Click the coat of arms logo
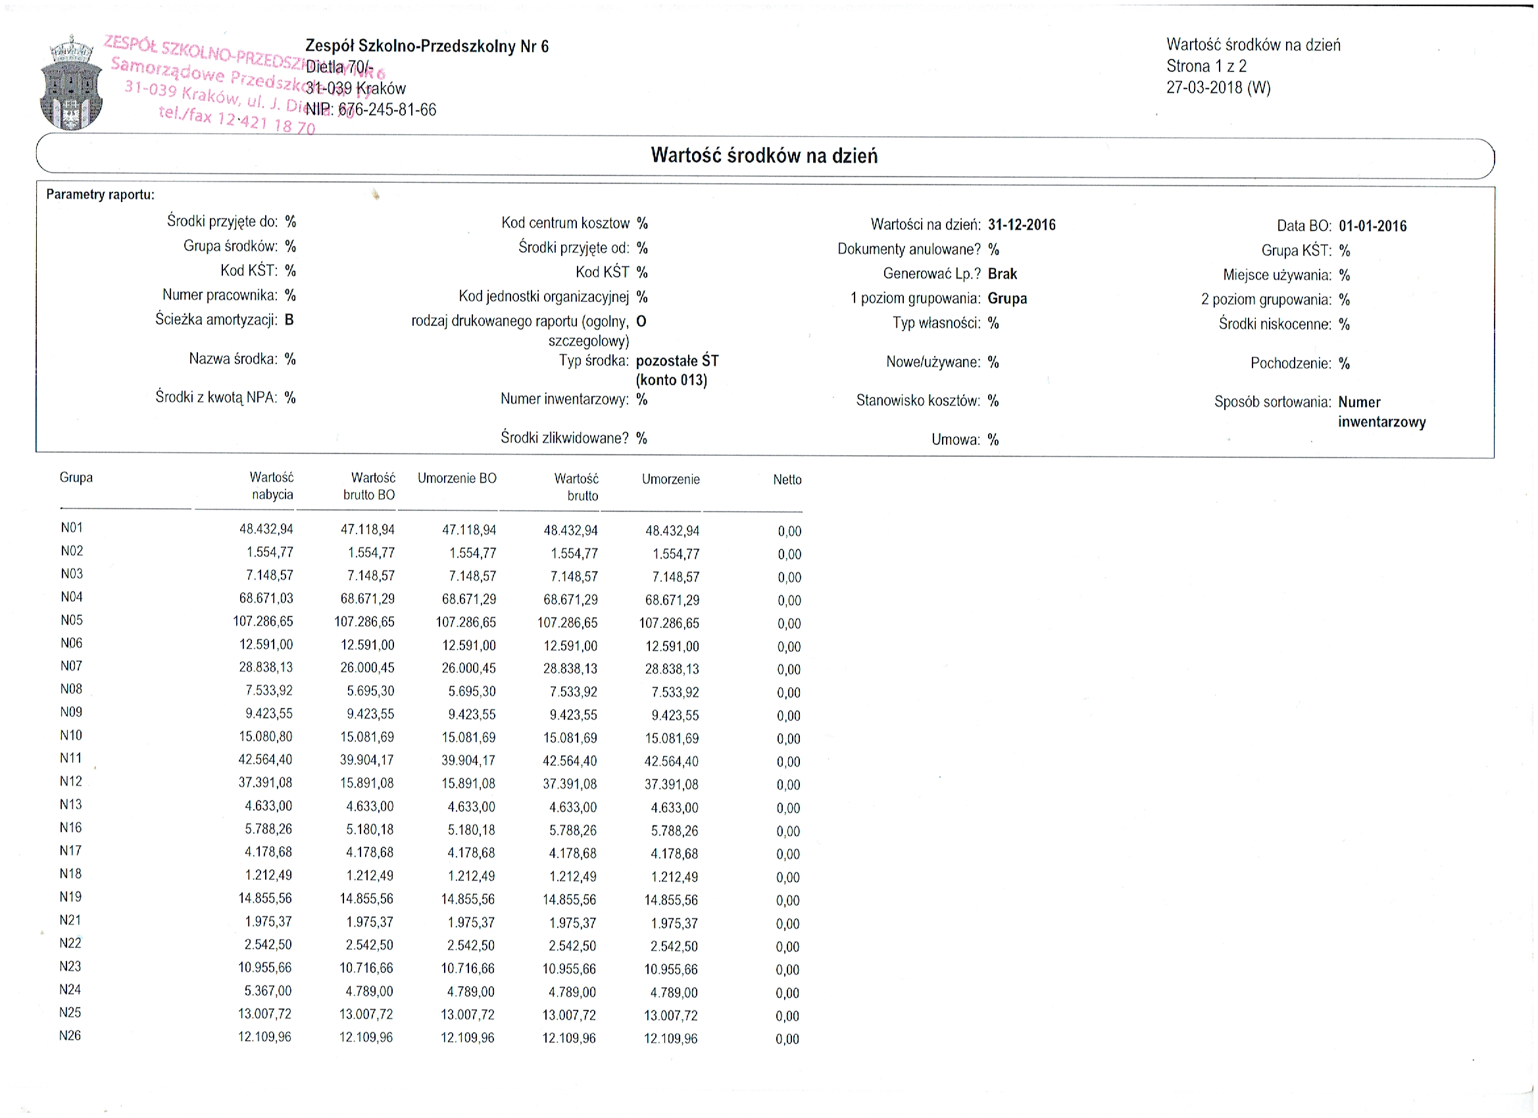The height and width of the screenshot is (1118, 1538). pos(71,83)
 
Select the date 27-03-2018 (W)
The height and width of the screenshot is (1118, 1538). pos(1218,87)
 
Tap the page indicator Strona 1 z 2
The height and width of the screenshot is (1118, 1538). pos(1206,66)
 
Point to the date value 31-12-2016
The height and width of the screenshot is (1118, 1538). pos(1021,225)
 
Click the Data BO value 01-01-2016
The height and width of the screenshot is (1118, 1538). pos(1372,226)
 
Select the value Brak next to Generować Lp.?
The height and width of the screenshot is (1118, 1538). pos(1003,274)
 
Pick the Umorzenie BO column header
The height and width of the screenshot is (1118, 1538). pos(457,479)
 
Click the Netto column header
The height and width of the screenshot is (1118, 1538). pos(787,480)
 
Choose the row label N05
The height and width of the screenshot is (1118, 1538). pos(71,620)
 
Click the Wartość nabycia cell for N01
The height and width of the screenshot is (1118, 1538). pos(266,529)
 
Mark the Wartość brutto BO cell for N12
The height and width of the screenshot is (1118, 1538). pos(367,783)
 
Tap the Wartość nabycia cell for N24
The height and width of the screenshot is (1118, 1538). pos(268,991)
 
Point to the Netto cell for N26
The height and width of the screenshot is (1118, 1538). pos(787,1038)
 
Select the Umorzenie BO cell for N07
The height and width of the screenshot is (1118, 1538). pos(468,668)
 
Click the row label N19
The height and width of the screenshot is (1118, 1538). pos(70,897)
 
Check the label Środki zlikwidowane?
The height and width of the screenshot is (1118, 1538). pos(564,438)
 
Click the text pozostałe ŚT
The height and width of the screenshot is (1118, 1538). pos(677,360)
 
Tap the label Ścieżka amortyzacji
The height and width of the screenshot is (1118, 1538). pos(216,320)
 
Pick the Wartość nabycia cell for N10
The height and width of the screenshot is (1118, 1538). pos(265,737)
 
